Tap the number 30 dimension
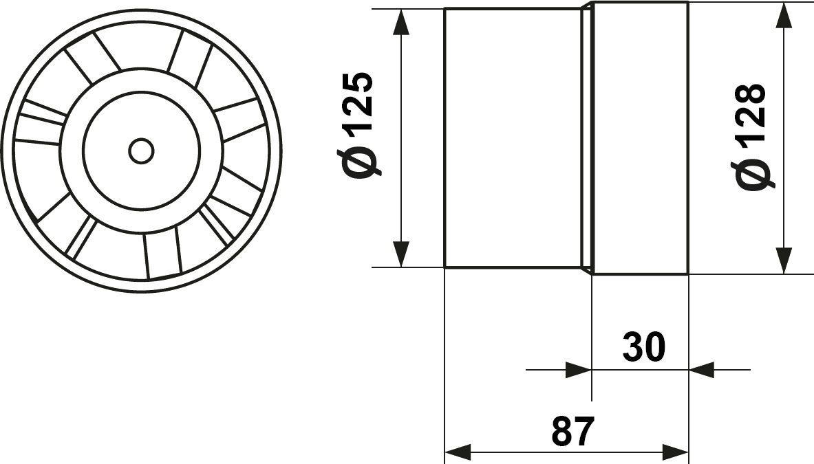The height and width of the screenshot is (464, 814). click(644, 347)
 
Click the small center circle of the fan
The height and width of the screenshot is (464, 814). click(141, 151)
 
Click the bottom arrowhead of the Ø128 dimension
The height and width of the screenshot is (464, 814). click(784, 261)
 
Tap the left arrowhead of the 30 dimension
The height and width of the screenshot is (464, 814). click(579, 370)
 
